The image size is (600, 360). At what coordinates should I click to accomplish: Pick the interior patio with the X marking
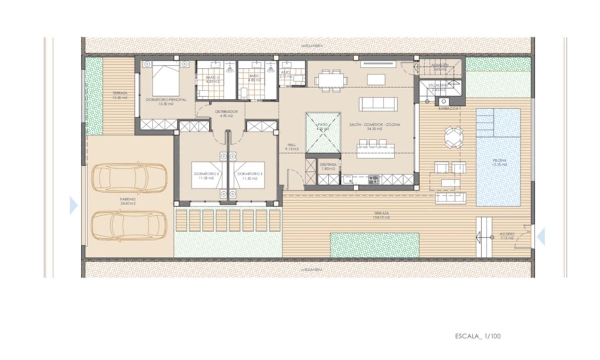(x=322, y=132)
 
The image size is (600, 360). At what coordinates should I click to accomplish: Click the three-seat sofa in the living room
(x=378, y=104)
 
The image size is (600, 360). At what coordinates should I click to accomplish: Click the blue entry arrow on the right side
(x=541, y=236)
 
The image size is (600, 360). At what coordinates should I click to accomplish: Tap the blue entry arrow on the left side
(x=73, y=205)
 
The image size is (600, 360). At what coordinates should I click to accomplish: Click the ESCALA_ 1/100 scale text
(x=477, y=336)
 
